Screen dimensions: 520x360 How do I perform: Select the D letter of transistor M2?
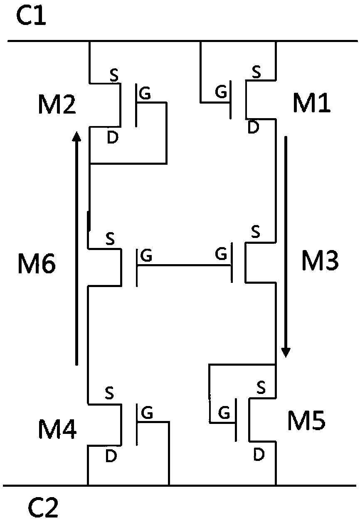(x=112, y=139)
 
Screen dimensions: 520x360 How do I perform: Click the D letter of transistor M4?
(x=111, y=456)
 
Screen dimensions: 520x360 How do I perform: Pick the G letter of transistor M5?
(x=224, y=413)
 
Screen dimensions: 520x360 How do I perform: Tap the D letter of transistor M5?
(x=259, y=456)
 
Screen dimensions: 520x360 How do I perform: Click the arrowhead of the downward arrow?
(x=286, y=352)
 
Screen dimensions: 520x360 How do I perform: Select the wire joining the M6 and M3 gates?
(x=185, y=265)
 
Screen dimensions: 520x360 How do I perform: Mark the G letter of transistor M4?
(x=147, y=413)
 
